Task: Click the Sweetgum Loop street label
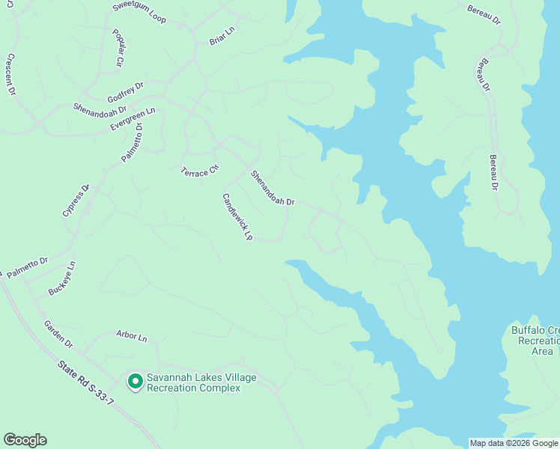coord(139,11)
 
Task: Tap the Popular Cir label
coord(118,49)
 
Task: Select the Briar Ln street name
coord(222,35)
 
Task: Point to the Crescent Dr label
coord(11,75)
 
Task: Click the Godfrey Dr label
coord(125,93)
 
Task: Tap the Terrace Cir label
coord(199,170)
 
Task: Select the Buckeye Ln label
coord(62,278)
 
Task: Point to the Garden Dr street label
coord(58,334)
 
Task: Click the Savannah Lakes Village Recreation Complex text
coord(201,382)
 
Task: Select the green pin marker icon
coord(136,382)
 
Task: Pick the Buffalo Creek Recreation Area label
coord(535,340)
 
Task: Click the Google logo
coord(25,440)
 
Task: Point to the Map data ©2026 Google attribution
coord(514,443)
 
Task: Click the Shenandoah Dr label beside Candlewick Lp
coord(273,189)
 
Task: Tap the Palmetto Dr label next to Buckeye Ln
coord(28,268)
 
